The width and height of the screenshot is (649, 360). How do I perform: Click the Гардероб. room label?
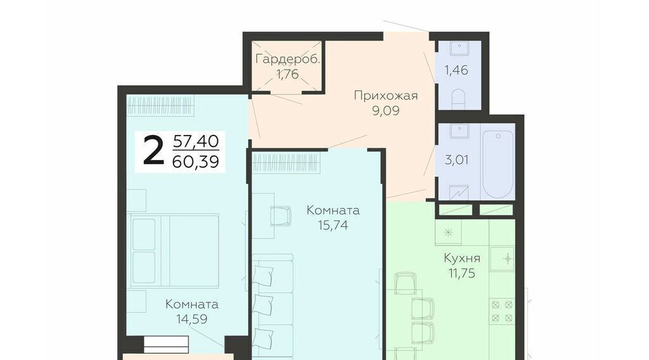(288, 59)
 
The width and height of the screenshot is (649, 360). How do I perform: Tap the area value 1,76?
(287, 74)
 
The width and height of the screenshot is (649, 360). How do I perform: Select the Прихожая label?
(386, 96)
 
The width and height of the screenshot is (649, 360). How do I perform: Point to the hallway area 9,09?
(385, 110)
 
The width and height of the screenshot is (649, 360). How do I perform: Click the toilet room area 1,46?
(456, 70)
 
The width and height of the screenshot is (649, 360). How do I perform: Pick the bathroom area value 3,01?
(456, 160)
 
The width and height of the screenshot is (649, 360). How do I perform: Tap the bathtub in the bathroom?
(498, 165)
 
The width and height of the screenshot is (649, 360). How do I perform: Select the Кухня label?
(462, 258)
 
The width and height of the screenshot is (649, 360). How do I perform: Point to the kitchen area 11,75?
(461, 273)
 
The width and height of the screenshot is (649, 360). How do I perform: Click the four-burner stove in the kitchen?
(502, 311)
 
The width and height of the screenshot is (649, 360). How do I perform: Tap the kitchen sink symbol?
(502, 259)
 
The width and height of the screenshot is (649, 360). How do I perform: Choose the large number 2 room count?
(153, 151)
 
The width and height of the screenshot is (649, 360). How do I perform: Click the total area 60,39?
(195, 162)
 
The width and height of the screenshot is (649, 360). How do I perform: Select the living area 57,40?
(196, 141)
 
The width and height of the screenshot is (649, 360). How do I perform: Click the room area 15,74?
(333, 225)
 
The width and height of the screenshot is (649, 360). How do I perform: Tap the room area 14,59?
(191, 319)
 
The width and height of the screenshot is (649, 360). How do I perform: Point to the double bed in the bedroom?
(174, 250)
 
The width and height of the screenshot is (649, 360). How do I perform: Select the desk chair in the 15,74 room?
(280, 216)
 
